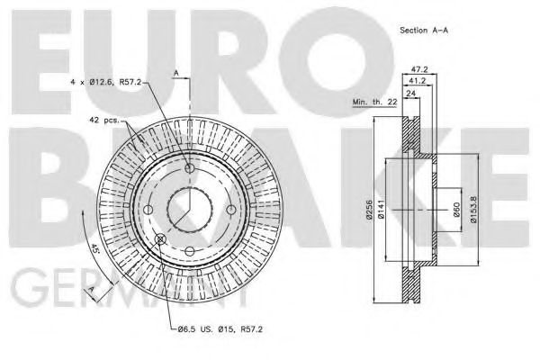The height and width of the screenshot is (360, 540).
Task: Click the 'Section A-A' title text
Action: tap(426, 31)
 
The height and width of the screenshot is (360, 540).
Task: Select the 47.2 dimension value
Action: tap(418, 68)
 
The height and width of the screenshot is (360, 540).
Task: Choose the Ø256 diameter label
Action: tap(370, 210)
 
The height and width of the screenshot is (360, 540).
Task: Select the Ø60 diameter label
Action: tap(460, 210)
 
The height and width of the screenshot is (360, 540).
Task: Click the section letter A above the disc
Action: tap(176, 72)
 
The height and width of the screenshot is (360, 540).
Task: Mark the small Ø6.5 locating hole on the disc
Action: tap(161, 238)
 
